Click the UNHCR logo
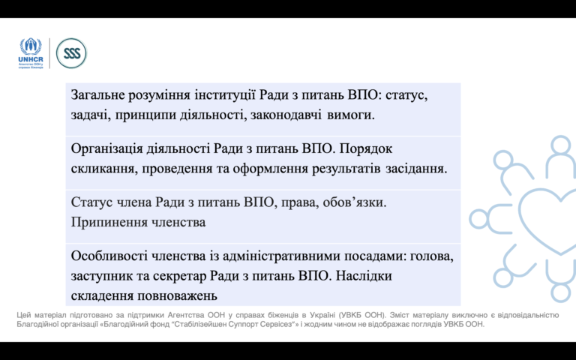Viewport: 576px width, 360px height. click(x=31, y=53)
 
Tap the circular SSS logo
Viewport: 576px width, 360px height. click(x=71, y=53)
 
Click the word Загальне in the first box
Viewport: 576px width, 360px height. click(x=97, y=95)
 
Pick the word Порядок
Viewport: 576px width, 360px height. click(x=365, y=148)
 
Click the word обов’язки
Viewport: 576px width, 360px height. click(x=354, y=202)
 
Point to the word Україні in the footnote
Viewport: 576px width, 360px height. click(x=323, y=315)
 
